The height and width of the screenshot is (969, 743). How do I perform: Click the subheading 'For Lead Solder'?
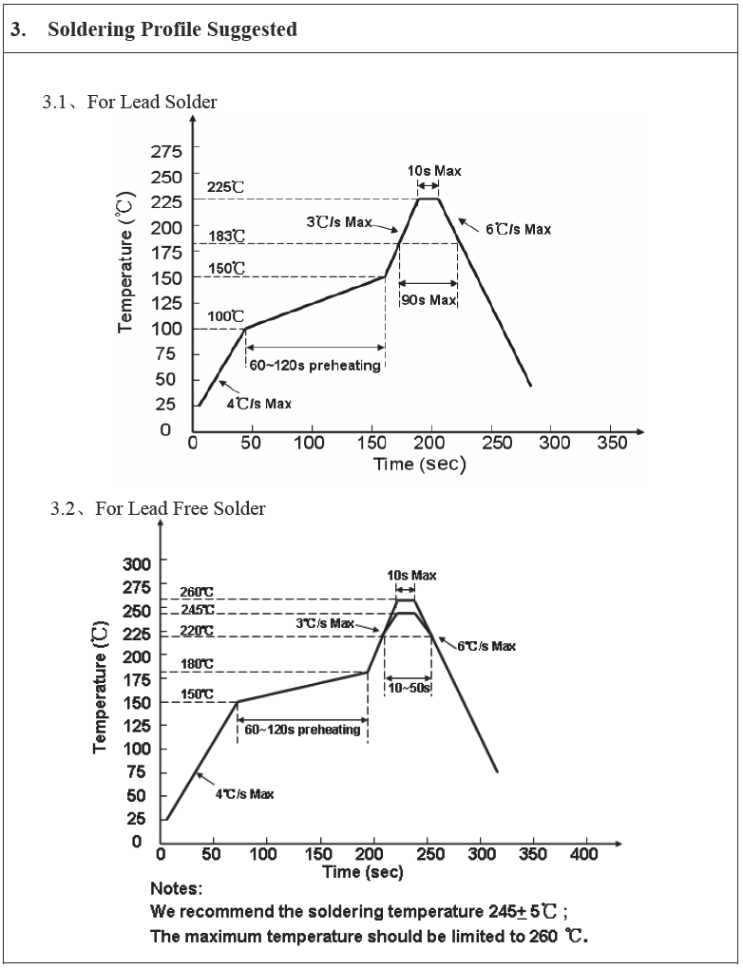point(152,102)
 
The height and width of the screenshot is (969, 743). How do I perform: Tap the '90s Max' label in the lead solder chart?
point(429,300)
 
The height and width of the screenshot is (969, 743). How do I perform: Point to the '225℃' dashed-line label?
point(225,187)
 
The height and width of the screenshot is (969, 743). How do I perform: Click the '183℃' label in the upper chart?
point(225,235)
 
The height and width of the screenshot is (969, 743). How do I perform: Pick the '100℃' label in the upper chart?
point(225,316)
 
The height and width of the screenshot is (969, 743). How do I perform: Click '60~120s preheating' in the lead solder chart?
point(314,365)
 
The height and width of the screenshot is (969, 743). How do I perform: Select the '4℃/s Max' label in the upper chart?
point(258,404)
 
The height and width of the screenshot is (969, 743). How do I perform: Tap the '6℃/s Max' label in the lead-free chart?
point(486,646)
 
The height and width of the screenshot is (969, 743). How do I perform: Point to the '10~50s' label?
point(409,688)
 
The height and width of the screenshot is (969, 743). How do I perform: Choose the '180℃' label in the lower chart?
point(197,664)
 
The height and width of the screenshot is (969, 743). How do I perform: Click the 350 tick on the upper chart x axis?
point(612,443)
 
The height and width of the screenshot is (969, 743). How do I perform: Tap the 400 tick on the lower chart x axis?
point(583,854)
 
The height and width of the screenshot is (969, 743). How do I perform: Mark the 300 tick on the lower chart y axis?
point(137,563)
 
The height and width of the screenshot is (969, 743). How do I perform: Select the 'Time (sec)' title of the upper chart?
point(419,465)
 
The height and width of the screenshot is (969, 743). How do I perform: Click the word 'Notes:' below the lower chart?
point(176,889)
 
